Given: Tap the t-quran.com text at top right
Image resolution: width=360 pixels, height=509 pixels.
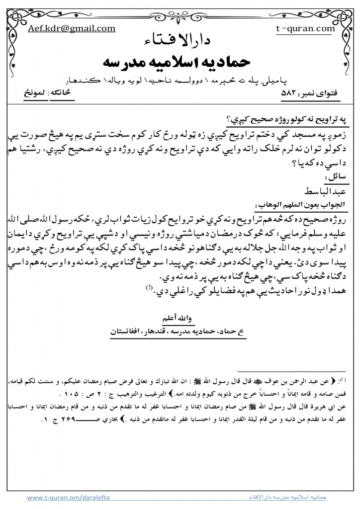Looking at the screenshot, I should tap(305, 28).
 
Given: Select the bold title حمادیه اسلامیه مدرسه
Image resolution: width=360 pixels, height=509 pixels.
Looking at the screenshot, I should tap(180, 62).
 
